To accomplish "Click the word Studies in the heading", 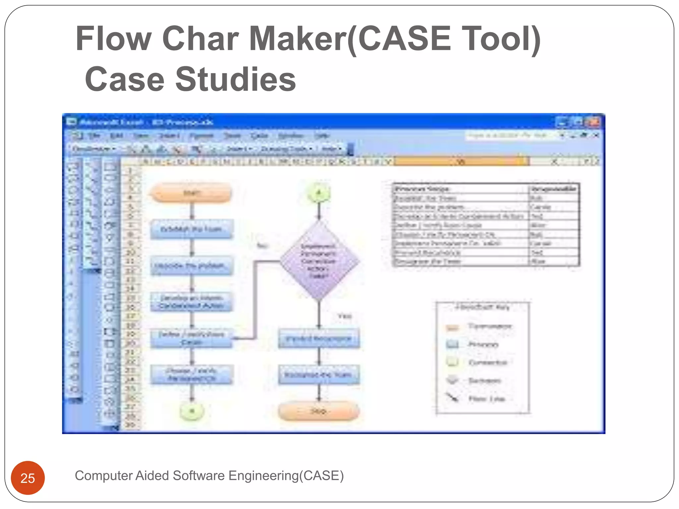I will [x=235, y=80].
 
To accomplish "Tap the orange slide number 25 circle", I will [x=28, y=478].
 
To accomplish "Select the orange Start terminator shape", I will [x=191, y=193].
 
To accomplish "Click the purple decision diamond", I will [x=319, y=261].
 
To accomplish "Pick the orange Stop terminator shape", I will [x=319, y=411].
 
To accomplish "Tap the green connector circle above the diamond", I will [x=319, y=193].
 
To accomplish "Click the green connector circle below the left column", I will [x=192, y=411].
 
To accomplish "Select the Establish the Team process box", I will [x=191, y=229].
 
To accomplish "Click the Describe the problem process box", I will [x=191, y=266].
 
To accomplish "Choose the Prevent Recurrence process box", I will [x=319, y=339].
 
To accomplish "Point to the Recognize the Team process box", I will [x=319, y=375].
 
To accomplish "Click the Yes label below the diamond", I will [x=344, y=316].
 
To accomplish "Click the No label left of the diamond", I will [x=262, y=246].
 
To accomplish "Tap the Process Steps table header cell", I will [x=459, y=189].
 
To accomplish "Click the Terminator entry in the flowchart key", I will [x=489, y=326].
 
